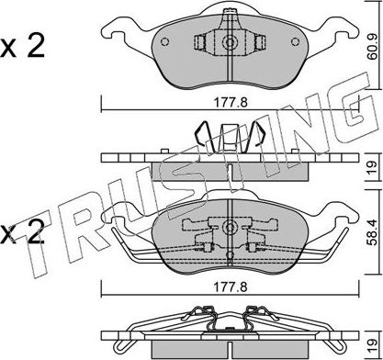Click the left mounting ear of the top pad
(118, 34)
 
